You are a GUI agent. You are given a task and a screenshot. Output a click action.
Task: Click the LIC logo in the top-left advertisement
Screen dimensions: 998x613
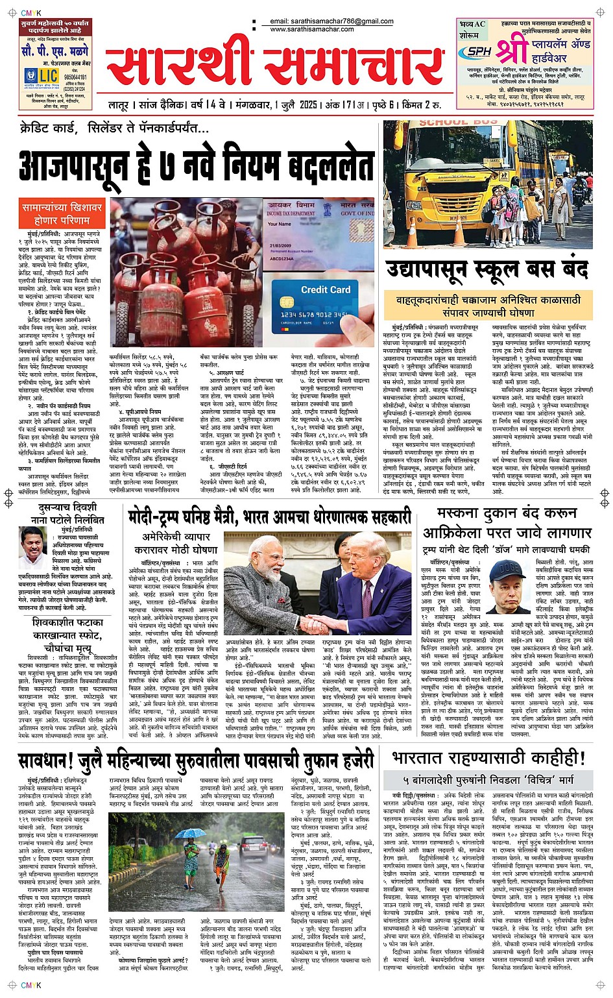40,76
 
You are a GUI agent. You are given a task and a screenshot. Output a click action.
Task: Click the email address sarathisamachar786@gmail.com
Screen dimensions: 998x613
331,21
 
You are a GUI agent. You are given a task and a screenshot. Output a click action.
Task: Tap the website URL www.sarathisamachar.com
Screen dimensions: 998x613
312,29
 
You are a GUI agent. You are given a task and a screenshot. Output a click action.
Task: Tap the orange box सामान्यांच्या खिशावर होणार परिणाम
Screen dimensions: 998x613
62,214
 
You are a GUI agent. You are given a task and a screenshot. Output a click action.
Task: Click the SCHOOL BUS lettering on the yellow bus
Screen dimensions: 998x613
458,123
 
